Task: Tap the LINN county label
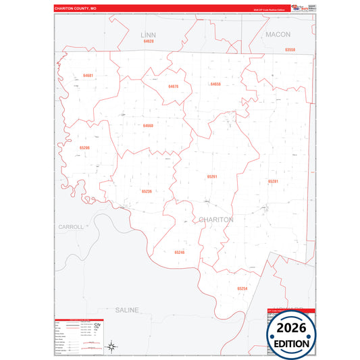[x=148, y=34]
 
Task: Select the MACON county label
[x=278, y=34]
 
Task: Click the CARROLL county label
[x=70, y=227]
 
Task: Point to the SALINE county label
[x=126, y=310]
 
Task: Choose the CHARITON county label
[x=216, y=220]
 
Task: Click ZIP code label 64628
[x=149, y=41]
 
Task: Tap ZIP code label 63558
[x=290, y=49]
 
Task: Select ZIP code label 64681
[x=88, y=76]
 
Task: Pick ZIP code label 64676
[x=173, y=86]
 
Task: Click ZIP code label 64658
[x=215, y=84]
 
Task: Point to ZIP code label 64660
[x=148, y=125]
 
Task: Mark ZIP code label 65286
[x=84, y=147]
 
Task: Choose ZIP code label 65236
[x=147, y=191]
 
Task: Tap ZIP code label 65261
[x=212, y=176]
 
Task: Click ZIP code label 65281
[x=273, y=181]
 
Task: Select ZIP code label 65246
[x=179, y=252]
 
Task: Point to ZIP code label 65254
[x=242, y=288]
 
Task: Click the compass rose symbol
[x=113, y=347]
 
